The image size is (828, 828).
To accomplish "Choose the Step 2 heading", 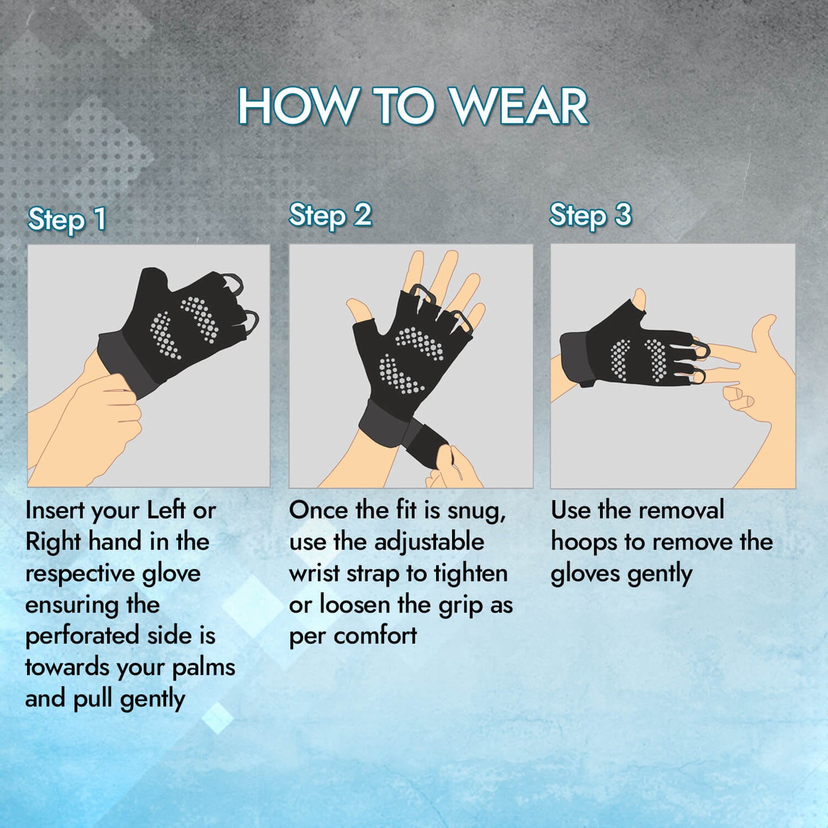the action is point(330,215).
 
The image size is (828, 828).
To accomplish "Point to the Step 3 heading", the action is point(591,215).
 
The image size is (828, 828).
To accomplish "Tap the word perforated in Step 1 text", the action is point(83,637).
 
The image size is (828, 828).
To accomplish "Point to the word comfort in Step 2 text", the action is point(375,636).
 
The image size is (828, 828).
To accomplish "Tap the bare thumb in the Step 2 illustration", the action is point(360,310).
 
